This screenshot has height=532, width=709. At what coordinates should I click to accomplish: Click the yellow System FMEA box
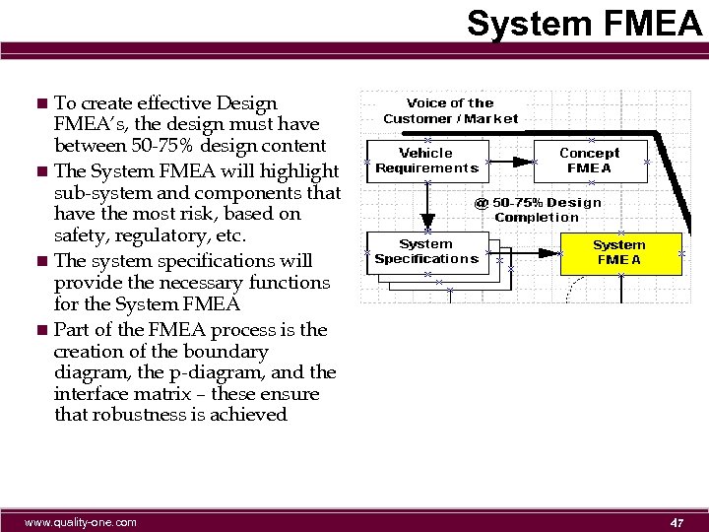[x=619, y=252]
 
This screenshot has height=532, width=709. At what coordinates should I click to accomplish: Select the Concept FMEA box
[x=589, y=160]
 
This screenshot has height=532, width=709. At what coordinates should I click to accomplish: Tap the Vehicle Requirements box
[x=426, y=160]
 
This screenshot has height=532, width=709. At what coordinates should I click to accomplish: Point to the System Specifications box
[x=426, y=251]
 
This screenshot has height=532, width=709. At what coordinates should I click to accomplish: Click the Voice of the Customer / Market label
[x=450, y=110]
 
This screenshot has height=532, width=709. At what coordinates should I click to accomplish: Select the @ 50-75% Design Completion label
[x=538, y=209]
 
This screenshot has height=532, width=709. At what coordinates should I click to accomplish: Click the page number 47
[x=677, y=521]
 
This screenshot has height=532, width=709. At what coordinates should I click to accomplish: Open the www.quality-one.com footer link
[x=81, y=521]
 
